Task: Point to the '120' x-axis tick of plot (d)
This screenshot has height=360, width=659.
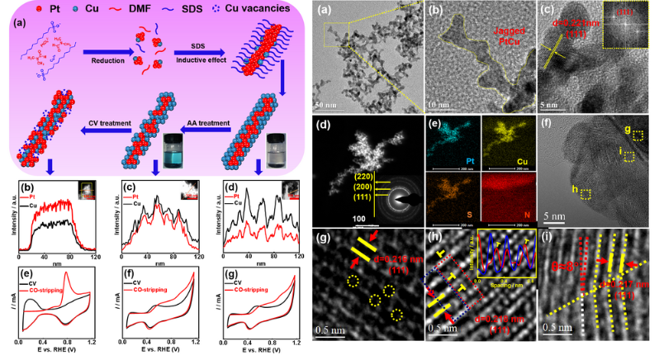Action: (295, 253)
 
